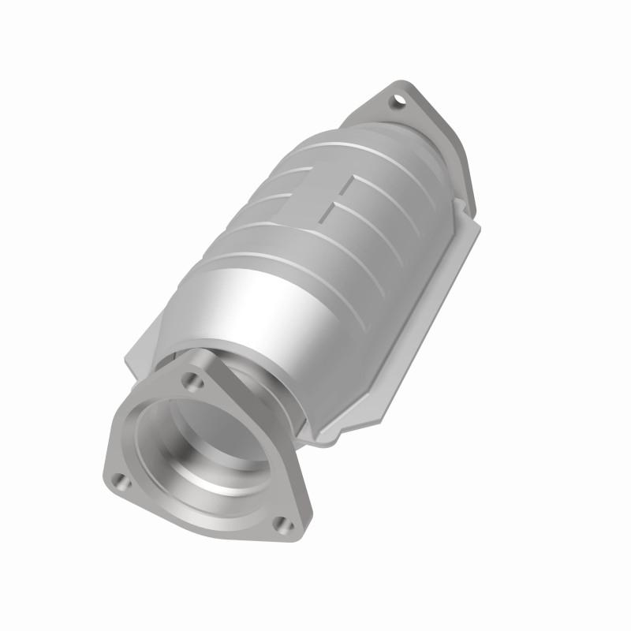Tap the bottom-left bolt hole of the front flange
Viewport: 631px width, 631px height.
click(118, 478)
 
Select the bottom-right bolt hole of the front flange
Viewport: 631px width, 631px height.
click(286, 525)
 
